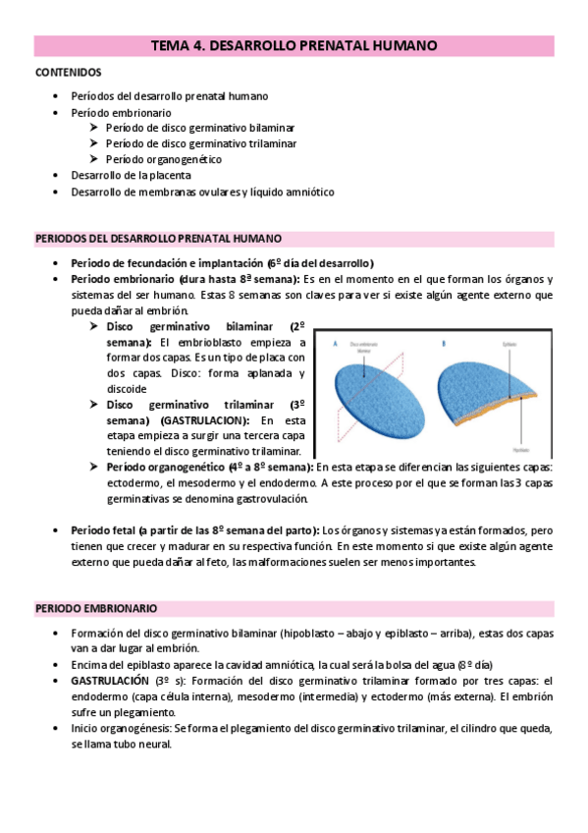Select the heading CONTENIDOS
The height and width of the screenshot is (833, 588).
coord(68,73)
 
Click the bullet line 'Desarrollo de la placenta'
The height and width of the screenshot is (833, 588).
coord(137,175)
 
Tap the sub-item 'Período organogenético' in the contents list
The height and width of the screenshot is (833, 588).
coord(163,159)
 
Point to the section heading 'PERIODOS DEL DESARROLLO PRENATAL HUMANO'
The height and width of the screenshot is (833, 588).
coord(159,239)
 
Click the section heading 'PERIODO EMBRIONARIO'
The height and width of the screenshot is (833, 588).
coord(95,609)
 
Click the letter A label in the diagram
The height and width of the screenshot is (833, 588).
coord(337,344)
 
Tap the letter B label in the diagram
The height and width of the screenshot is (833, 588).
coord(445,344)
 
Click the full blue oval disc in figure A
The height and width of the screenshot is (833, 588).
coord(382,398)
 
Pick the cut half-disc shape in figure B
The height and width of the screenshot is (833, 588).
coord(483,388)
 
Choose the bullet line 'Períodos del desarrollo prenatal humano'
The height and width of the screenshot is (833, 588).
coord(170,96)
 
